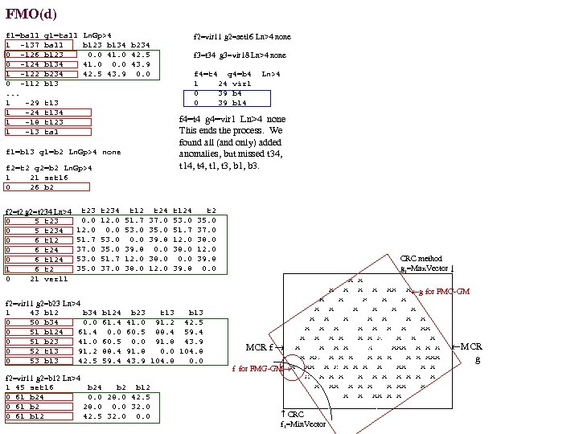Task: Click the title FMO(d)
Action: (x=31, y=14)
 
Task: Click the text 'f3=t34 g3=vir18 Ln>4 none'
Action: (x=240, y=55)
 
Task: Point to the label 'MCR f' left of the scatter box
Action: (x=261, y=347)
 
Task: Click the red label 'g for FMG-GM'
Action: (x=442, y=291)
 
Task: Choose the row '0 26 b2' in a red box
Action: (x=32, y=186)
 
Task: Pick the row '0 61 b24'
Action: (x=27, y=396)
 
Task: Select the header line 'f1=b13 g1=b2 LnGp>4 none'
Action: (x=63, y=151)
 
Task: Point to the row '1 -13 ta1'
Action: (x=37, y=132)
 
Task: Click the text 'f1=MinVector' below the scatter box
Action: (x=302, y=424)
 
